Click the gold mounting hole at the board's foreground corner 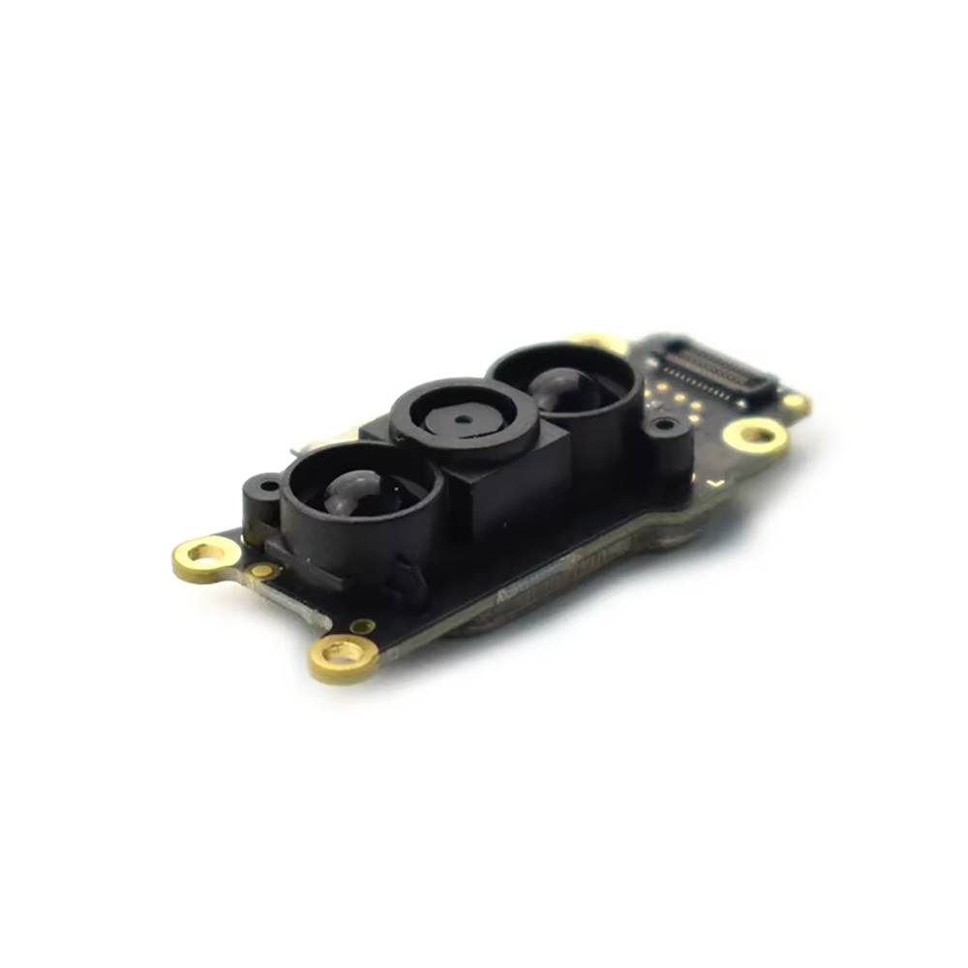pyautogui.click(x=344, y=655)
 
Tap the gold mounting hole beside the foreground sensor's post pyautogui.click(x=206, y=556)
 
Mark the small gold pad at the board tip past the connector pyautogui.click(x=795, y=401)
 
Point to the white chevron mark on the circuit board pyautogui.click(x=715, y=480)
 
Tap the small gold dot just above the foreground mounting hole pyautogui.click(x=363, y=626)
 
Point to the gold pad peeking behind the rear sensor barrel pyautogui.click(x=595, y=341)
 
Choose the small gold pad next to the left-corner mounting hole pyautogui.click(x=262, y=570)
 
